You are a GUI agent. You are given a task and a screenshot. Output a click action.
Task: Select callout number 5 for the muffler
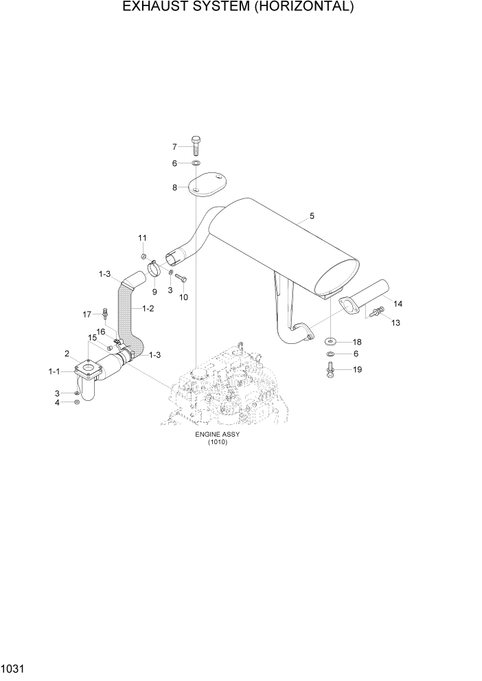click(312, 216)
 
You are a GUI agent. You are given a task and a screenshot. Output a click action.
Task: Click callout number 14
click(398, 303)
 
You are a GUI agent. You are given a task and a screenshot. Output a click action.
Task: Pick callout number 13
click(395, 323)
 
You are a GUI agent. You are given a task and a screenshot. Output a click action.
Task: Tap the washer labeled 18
click(330, 341)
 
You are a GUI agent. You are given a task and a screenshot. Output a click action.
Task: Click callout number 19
click(356, 369)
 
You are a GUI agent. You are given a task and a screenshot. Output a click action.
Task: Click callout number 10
click(183, 297)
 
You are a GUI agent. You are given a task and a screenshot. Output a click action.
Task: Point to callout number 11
click(143, 238)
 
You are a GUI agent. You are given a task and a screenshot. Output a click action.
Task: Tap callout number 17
click(87, 314)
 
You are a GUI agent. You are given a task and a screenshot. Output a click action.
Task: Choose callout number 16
click(100, 331)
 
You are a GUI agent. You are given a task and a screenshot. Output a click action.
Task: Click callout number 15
click(91, 337)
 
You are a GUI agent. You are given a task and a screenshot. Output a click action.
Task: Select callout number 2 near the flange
click(67, 354)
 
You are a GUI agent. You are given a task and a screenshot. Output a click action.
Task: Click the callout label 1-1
click(54, 371)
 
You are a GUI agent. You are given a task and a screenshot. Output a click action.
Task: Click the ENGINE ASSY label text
click(216, 435)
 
